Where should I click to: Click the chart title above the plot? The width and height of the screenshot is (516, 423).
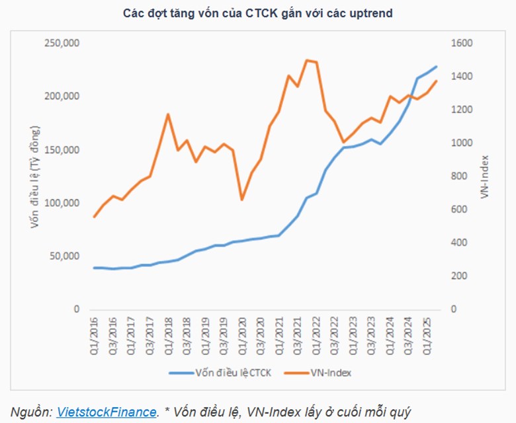[257, 13]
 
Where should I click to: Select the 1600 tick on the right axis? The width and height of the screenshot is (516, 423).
[462, 43]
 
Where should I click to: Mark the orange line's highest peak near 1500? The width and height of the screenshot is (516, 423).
[306, 60]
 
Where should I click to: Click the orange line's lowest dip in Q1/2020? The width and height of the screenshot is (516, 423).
[241, 200]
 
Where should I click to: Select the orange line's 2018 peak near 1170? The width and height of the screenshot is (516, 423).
[168, 114]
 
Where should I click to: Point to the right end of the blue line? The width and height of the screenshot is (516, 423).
[436, 66]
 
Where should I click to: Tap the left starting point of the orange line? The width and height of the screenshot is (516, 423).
[95, 217]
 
